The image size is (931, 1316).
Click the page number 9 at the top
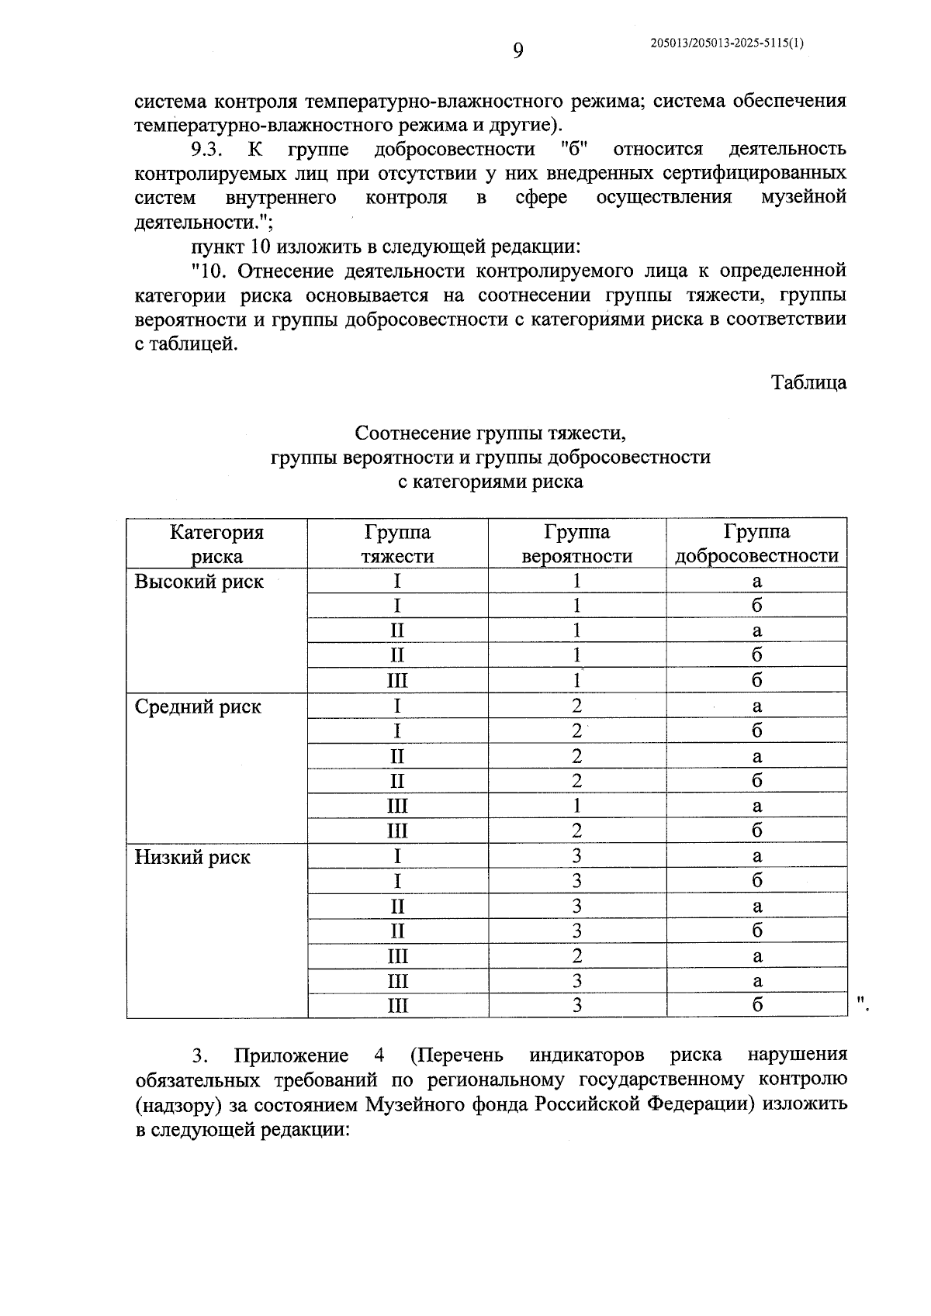(x=518, y=51)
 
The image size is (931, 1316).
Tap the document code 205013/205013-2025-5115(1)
(x=727, y=44)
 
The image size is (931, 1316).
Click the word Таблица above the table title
(x=808, y=382)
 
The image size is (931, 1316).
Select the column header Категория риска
(x=216, y=544)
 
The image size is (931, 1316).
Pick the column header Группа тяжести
(x=397, y=544)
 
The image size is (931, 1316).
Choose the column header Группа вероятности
(x=576, y=544)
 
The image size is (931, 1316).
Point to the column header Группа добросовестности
(x=756, y=544)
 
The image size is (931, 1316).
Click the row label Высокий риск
(x=199, y=582)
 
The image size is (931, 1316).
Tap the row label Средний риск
(x=198, y=706)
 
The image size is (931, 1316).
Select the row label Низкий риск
(x=192, y=857)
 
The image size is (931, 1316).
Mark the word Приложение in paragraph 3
(x=291, y=1055)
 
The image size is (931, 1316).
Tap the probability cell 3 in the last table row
(x=576, y=1006)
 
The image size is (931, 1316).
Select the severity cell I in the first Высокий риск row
(x=397, y=582)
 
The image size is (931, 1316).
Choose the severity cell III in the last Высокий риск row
(x=397, y=681)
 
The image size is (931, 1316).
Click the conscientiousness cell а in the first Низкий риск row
(x=756, y=856)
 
